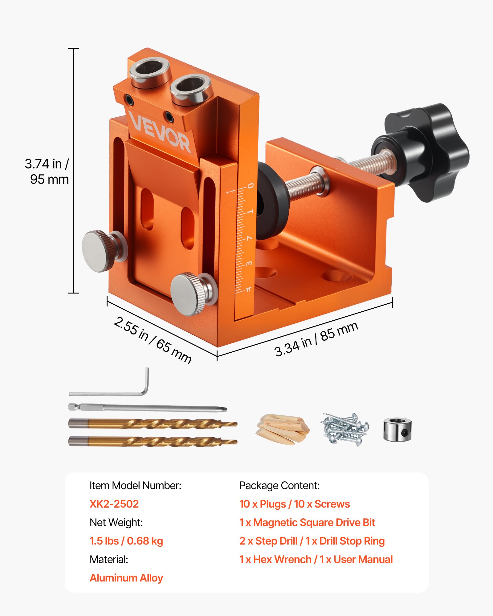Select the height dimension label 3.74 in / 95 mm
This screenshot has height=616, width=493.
[x=48, y=172]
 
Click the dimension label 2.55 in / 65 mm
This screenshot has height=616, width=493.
[x=153, y=340]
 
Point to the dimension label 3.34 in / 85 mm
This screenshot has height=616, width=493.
[x=316, y=339]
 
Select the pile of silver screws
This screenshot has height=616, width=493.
[x=344, y=429]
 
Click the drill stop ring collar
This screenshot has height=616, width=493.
[x=397, y=429]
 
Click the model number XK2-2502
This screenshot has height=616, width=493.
[x=114, y=504]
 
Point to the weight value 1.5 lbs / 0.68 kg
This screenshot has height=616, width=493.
[x=126, y=541]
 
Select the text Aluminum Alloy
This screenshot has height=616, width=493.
[x=126, y=578]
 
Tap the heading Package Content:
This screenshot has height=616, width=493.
[x=279, y=486]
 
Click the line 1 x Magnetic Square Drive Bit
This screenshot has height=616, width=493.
[x=307, y=523]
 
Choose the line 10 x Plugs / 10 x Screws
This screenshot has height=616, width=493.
[x=294, y=504]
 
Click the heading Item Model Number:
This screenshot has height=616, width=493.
[x=135, y=486]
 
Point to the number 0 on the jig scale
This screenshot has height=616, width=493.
[x=251, y=186]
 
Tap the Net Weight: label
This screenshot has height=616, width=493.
[x=116, y=523]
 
